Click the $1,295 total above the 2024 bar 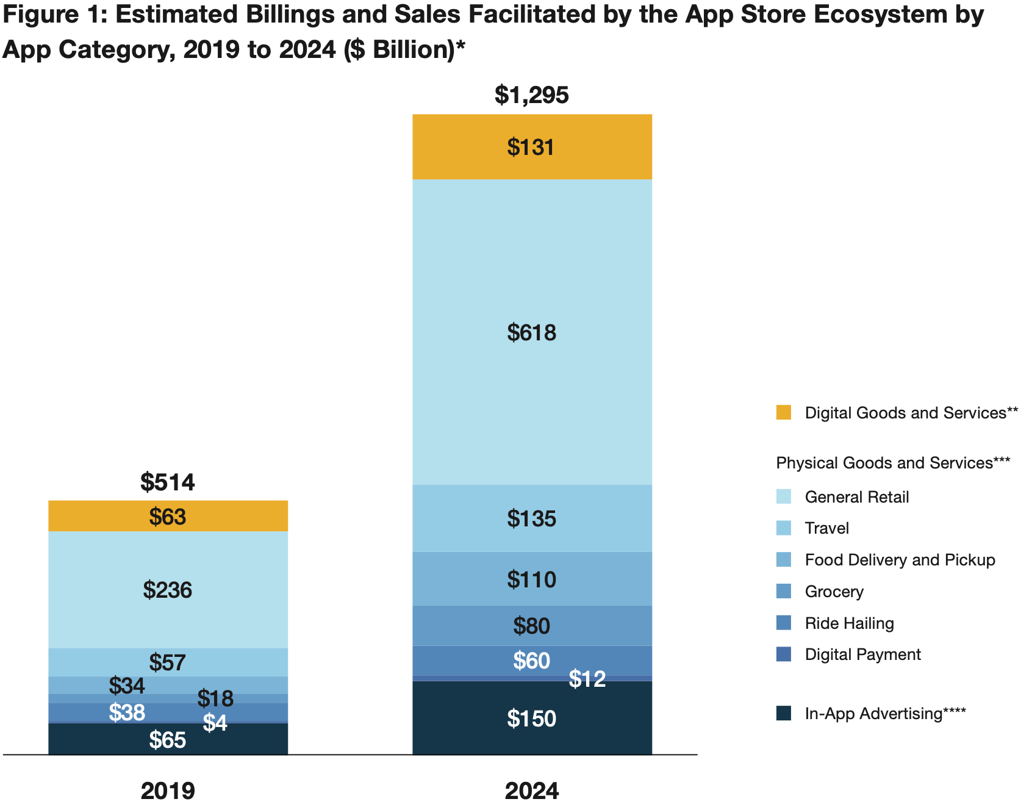531,95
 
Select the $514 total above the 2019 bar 168,482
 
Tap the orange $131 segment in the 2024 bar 531,147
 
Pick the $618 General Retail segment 531,332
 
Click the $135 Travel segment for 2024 531,518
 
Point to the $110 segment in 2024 531,579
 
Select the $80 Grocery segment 531,625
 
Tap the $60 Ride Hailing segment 531,661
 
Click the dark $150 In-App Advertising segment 531,719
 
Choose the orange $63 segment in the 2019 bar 168,517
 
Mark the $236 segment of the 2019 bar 168,590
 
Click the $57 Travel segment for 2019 168,662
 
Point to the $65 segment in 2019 168,740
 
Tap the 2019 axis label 168,791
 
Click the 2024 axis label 531,791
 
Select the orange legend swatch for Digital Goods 784,412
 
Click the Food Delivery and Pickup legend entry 900,560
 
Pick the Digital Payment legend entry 862,654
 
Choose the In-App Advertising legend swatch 784,713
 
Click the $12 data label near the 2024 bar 587,679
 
